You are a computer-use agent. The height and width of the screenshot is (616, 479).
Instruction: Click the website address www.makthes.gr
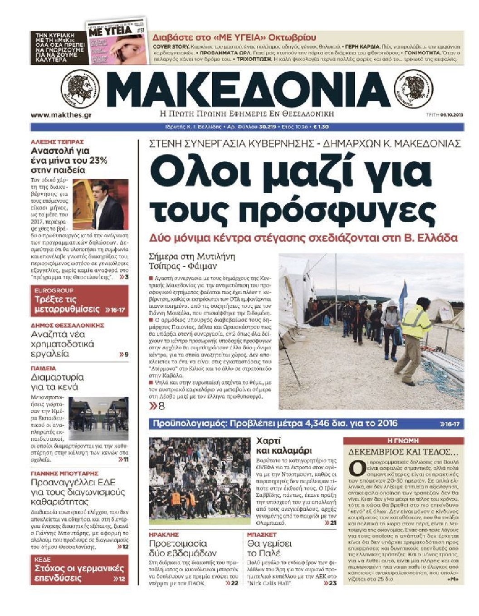point(61,115)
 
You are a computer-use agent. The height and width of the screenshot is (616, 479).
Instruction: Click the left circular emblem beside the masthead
point(83,89)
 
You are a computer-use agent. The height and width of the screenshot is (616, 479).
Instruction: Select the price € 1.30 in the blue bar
point(321,127)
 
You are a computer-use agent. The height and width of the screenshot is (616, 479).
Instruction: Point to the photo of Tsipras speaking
point(100,204)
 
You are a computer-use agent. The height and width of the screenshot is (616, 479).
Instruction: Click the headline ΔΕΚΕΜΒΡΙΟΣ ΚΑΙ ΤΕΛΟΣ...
point(403,452)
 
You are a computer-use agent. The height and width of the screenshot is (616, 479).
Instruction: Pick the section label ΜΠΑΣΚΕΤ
point(262,534)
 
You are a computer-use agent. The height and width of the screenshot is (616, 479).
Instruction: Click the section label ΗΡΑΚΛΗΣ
point(164,534)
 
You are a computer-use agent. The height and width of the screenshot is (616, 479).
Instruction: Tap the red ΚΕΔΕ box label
point(43,559)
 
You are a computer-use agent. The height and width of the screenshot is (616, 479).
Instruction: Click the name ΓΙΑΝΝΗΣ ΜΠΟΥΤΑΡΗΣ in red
point(64,473)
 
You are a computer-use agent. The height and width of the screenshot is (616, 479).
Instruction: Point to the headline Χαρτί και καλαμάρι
point(284,445)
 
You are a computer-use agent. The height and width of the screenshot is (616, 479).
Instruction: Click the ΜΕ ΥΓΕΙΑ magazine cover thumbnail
point(117,42)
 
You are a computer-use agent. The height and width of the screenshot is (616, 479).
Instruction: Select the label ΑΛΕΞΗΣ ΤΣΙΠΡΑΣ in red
point(57,142)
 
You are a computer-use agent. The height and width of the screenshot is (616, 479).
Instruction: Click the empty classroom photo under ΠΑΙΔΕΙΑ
point(99,418)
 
